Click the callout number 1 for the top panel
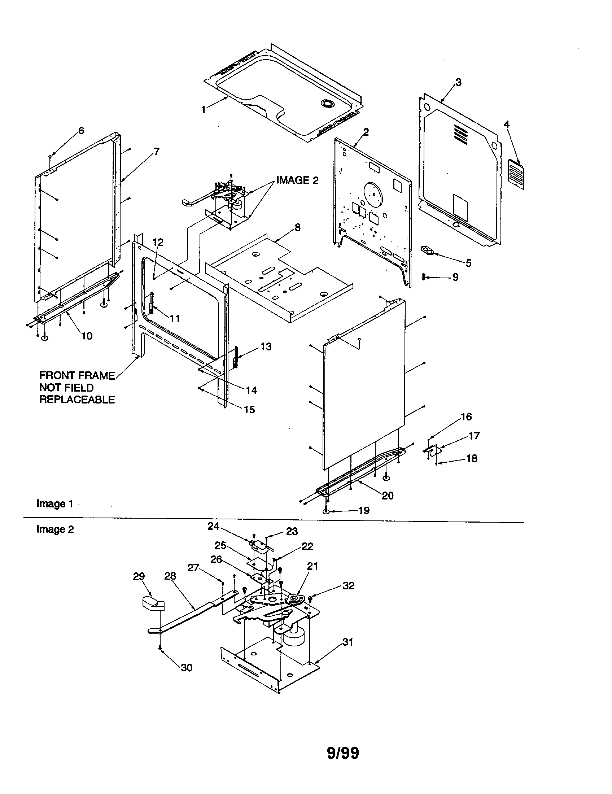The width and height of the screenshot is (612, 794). click(204, 109)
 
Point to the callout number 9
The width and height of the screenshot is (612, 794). click(455, 278)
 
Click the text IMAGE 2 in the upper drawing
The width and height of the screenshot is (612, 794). click(297, 180)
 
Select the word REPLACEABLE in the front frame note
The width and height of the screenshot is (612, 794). click(77, 400)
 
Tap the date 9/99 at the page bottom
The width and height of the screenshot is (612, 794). click(343, 753)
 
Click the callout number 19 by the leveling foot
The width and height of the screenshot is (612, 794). click(364, 511)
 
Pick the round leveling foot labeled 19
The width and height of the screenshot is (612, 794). click(326, 512)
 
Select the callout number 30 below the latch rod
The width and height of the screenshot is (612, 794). click(187, 667)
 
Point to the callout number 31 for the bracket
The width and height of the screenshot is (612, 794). click(348, 642)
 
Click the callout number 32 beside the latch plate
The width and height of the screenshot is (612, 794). click(348, 586)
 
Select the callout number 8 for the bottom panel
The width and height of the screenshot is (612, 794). click(298, 228)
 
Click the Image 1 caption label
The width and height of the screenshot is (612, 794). click(54, 503)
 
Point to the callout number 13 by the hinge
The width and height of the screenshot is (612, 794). click(266, 346)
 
